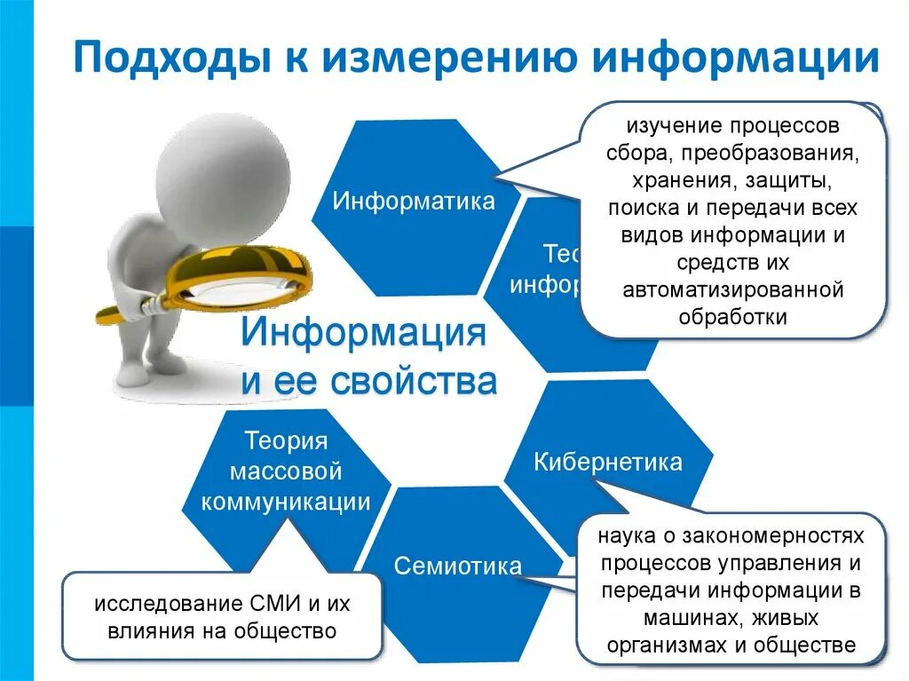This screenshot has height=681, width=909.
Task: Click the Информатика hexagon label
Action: (x=414, y=201)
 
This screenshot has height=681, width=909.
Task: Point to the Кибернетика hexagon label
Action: (x=608, y=463)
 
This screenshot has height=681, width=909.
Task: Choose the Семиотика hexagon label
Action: (x=458, y=566)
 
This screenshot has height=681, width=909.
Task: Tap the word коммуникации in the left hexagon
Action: (x=286, y=502)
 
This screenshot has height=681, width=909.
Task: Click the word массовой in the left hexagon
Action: (x=286, y=471)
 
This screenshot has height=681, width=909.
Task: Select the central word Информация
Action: (x=364, y=337)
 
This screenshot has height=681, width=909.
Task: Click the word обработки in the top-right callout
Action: (x=732, y=317)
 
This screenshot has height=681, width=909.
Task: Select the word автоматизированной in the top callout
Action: (x=732, y=289)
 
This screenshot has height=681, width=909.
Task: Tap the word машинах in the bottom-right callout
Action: (x=682, y=618)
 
